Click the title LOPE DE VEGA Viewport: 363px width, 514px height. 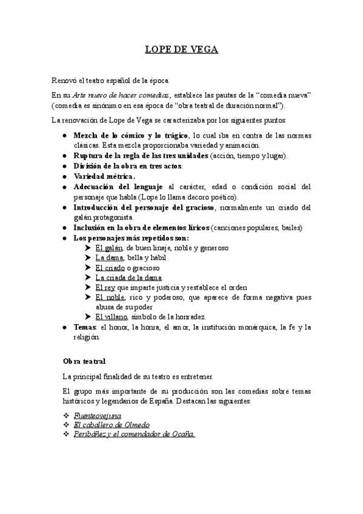181,50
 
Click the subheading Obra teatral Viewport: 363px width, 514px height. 84,361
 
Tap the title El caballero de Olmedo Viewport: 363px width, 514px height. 112,425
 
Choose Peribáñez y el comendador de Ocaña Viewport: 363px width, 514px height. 134,435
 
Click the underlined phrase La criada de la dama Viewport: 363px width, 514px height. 128,277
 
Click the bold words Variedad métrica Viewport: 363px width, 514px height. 104,176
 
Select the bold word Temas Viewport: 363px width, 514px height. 85,327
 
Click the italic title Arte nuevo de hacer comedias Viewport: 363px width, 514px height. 121,95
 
